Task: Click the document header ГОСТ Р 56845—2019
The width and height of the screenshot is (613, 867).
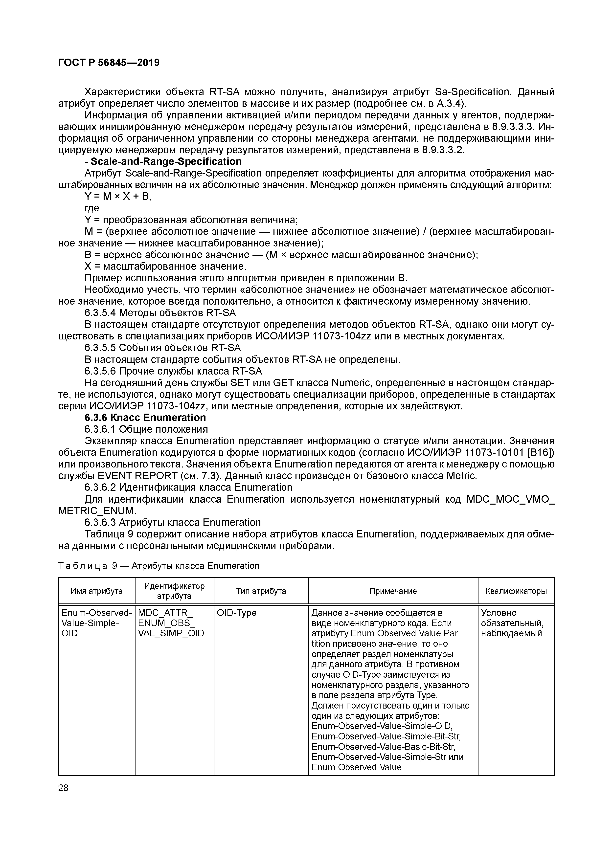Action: (x=109, y=63)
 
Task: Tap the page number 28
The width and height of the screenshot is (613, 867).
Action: (x=64, y=788)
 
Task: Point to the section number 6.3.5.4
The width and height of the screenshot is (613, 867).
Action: (x=100, y=313)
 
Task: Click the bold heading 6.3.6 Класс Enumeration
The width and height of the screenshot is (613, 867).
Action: (x=145, y=418)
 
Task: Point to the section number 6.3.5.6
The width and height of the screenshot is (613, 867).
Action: (x=100, y=371)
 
